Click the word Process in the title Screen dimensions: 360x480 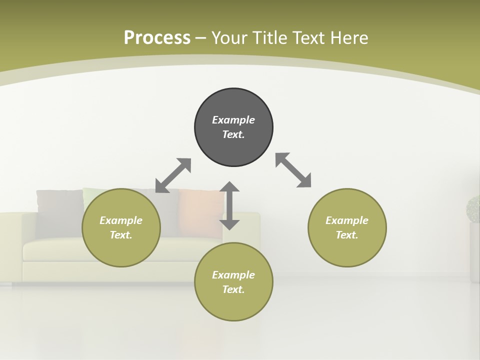pyautogui.click(x=157, y=37)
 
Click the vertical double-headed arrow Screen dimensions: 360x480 pyautogui.click(x=229, y=205)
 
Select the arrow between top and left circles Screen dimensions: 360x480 pyautogui.click(x=173, y=175)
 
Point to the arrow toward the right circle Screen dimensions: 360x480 pyautogui.click(x=293, y=170)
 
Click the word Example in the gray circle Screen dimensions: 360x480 pyautogui.click(x=233, y=120)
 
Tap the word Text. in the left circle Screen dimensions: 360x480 pyautogui.click(x=121, y=235)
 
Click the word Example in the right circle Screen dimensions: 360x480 pyautogui.click(x=347, y=220)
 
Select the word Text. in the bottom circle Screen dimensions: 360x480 pyautogui.click(x=233, y=289)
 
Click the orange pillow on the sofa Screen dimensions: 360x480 pyautogui.click(x=200, y=210)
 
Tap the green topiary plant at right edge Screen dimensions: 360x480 pyautogui.click(x=473, y=209)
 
